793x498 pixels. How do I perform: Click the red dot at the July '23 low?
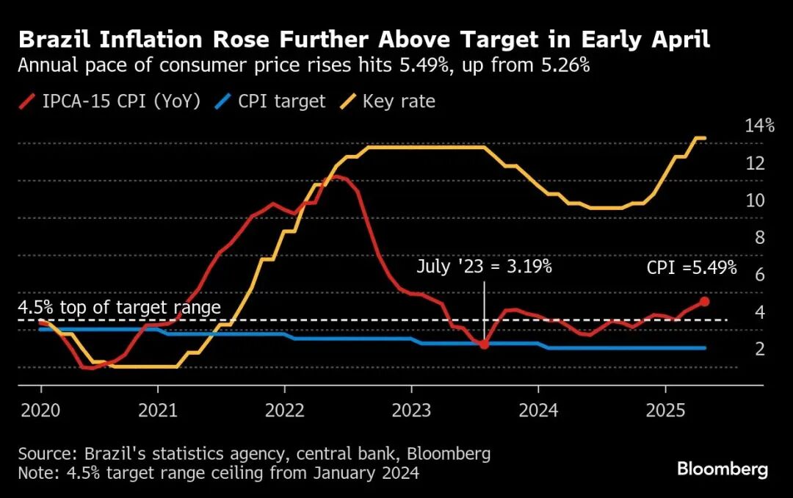pos(484,344)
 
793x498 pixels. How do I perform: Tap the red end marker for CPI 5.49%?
pos(704,301)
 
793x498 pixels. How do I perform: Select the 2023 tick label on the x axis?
pos(411,411)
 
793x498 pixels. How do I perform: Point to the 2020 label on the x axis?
pos(41,411)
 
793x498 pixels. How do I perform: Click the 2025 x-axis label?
pos(665,411)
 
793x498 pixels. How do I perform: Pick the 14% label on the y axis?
pos(759,126)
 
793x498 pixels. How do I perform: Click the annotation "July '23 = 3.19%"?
pos(484,267)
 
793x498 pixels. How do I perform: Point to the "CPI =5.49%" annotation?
pos(692,268)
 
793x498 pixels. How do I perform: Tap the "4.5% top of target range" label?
pos(119,307)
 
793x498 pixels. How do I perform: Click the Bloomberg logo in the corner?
pos(723,469)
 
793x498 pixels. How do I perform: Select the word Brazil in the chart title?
pos(56,39)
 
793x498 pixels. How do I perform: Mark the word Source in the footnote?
pos(46,453)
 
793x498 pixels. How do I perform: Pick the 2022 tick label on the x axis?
pos(285,411)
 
